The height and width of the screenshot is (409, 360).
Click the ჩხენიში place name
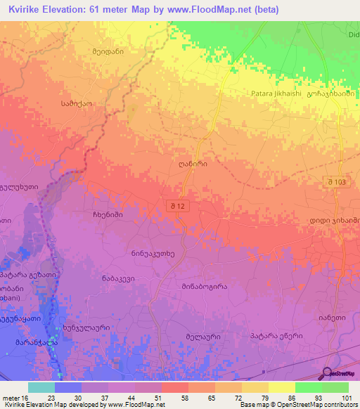(x=108, y=214)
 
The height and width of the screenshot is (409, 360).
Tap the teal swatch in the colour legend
(x=41, y=387)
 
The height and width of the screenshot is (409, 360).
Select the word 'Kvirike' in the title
(x=25, y=9)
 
